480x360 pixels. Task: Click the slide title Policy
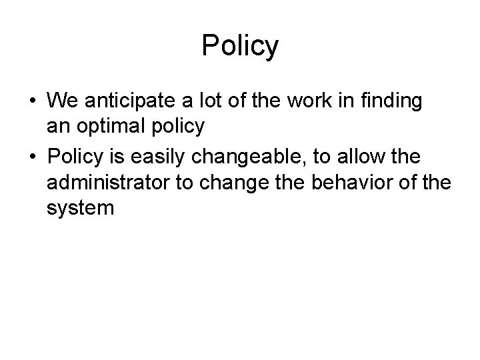(x=240, y=45)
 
